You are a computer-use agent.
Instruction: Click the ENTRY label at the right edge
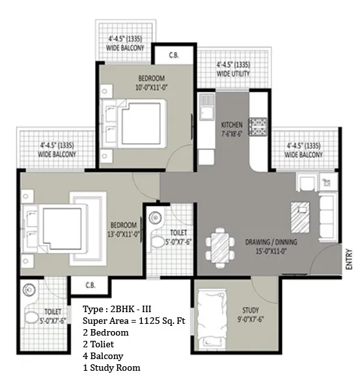tap(350, 259)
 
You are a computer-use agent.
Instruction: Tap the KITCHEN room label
tap(232, 124)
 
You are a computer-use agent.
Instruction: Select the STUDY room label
tap(251, 310)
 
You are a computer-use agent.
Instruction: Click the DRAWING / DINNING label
tap(271, 242)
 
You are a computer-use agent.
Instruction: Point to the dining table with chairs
tap(220, 248)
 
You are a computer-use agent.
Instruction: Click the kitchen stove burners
tap(258, 126)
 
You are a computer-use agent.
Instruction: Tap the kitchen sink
tap(206, 107)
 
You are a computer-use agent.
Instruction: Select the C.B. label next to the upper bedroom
tap(174, 55)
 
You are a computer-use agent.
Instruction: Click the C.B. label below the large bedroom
tap(90, 285)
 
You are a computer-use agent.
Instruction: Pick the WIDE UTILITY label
tap(233, 74)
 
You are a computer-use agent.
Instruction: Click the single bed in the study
tap(212, 319)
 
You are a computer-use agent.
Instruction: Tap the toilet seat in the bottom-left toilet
tap(31, 318)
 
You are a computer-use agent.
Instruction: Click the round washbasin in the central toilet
tap(155, 218)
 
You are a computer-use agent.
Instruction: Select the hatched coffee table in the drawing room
tap(300, 218)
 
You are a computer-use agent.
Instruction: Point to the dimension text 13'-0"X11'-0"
tap(123, 235)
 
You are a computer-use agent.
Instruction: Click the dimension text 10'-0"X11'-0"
tap(152, 87)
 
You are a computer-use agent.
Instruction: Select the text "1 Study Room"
tap(111, 368)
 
